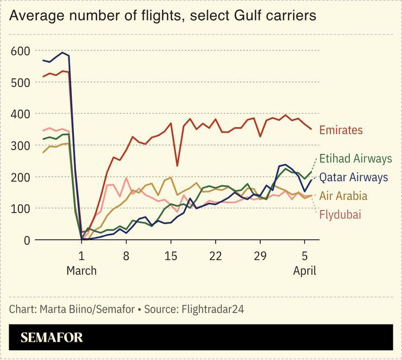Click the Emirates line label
[341, 131]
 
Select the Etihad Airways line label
[355, 159]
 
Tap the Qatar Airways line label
[353, 177]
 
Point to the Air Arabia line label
[343, 196]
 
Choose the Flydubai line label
[340, 214]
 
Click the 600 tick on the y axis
[21, 52]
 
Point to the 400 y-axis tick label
[21, 114]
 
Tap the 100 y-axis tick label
[21, 209]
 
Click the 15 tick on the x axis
[171, 256]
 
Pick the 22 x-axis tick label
[215, 256]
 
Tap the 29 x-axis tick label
[260, 256]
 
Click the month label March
[81, 271]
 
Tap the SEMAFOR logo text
[52, 338]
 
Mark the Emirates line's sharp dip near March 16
[177, 165]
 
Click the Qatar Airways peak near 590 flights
[63, 53]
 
